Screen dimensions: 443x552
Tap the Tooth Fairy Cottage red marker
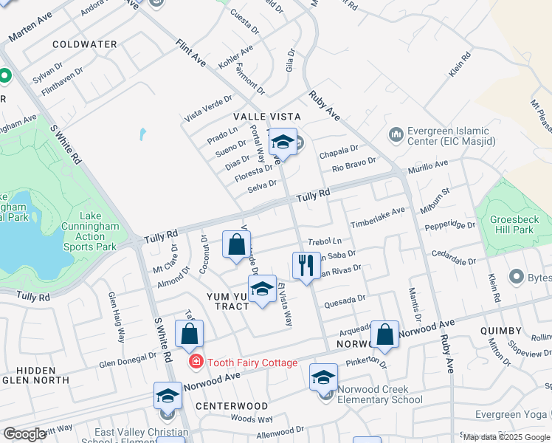tap(196, 362)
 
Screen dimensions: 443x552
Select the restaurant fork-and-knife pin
tap(306, 264)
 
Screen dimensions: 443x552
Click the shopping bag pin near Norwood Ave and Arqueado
tap(384, 334)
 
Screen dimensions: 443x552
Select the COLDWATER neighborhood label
tap(85, 44)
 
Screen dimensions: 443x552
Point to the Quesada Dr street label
tap(344, 300)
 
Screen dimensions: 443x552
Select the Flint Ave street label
tap(190, 55)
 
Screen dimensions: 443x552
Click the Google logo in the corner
tap(25, 434)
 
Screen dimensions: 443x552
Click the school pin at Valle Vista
tap(283, 142)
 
